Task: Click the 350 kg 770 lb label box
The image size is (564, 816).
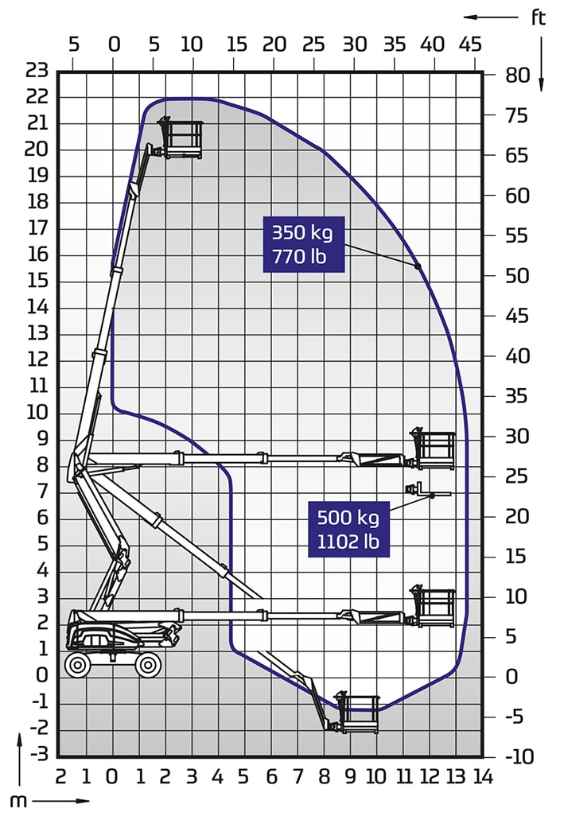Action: point(304,244)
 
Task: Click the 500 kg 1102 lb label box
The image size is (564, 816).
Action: point(348,529)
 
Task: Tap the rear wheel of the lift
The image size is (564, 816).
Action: point(77,665)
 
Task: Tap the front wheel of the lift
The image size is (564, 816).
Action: point(148,665)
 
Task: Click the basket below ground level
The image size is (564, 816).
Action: point(357,713)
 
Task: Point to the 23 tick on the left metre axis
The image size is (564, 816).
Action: point(37,70)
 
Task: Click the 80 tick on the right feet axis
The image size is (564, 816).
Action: point(517,75)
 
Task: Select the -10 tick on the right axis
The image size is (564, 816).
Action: point(519,756)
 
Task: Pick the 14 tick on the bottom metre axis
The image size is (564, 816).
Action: point(484,778)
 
